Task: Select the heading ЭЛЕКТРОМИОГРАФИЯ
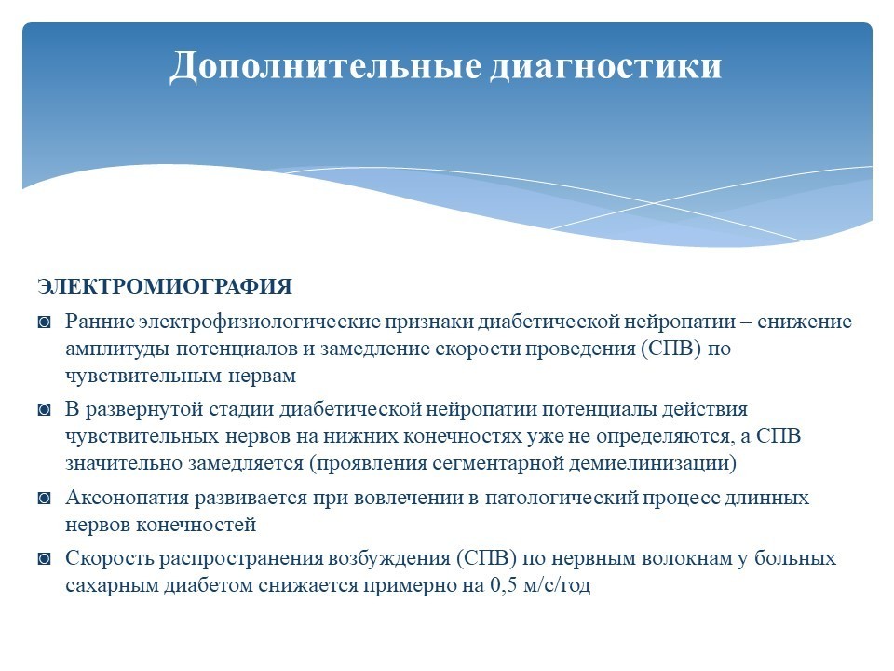165,286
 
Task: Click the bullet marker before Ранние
45,322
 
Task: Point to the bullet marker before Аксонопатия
45,498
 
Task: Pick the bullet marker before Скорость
45,558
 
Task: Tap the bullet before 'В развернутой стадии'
45,410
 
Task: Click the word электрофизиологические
260,322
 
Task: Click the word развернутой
144,410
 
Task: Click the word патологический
562,498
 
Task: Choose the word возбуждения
389,558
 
